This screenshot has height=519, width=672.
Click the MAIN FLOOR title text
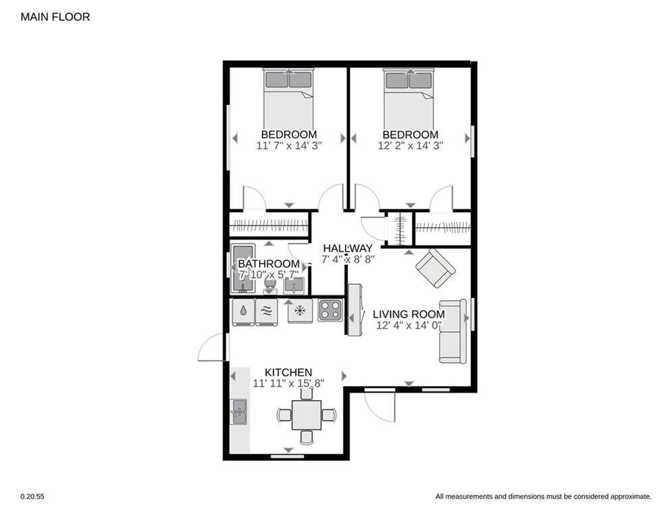[55, 17]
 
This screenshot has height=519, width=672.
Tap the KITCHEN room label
[288, 372]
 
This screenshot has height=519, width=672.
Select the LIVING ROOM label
[409, 314]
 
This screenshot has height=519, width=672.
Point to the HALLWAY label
[348, 248]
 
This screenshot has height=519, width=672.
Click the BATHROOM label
[269, 264]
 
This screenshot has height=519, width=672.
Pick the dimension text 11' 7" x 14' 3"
[289, 145]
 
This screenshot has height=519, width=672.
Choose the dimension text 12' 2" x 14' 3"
[410, 145]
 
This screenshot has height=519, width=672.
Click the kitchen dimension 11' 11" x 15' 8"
[288, 383]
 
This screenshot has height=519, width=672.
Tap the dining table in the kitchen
[307, 415]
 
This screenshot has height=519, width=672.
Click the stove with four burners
[330, 310]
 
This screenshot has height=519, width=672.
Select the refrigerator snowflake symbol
[300, 310]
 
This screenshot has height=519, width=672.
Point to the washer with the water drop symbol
[243, 312]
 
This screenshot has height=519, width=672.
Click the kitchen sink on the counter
[238, 412]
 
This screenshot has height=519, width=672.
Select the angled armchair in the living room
[436, 268]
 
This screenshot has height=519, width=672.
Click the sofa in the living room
[453, 331]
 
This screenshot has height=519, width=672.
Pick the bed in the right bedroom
[409, 99]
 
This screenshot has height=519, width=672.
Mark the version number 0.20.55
[32, 496]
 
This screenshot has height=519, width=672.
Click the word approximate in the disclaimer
[630, 497]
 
